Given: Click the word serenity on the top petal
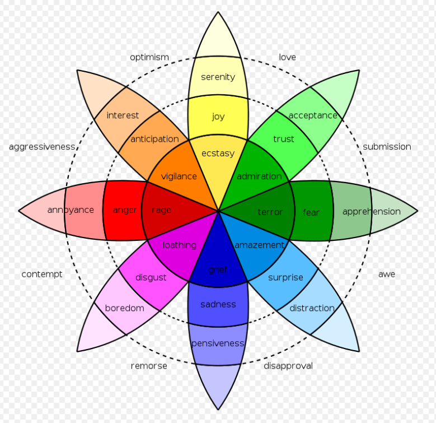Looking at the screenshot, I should [218, 77].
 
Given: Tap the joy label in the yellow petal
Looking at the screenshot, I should [218, 117].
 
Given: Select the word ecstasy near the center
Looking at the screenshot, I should [218, 154].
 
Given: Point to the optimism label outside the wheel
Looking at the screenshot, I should [149, 57].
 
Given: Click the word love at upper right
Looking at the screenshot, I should [287, 57].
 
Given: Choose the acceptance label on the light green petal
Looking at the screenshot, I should [313, 115].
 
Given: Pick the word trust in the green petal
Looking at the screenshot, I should [283, 139].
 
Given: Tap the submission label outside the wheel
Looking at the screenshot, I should [387, 147].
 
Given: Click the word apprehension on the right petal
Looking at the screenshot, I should [371, 212].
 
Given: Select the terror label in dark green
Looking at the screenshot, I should [270, 212].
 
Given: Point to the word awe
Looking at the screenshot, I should [387, 275].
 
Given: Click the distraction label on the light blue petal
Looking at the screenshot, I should [312, 308].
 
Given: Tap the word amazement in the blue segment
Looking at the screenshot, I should [259, 245].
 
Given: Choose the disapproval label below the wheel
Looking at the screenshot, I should [288, 366].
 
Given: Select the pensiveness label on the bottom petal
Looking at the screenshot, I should [218, 343].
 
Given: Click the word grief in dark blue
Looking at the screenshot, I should [218, 270].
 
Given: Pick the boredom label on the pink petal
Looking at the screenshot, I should [124, 308].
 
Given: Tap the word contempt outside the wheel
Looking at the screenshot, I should [41, 275].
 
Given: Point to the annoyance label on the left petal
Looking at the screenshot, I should [71, 211].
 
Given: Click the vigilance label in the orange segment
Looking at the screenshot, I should [179, 176].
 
